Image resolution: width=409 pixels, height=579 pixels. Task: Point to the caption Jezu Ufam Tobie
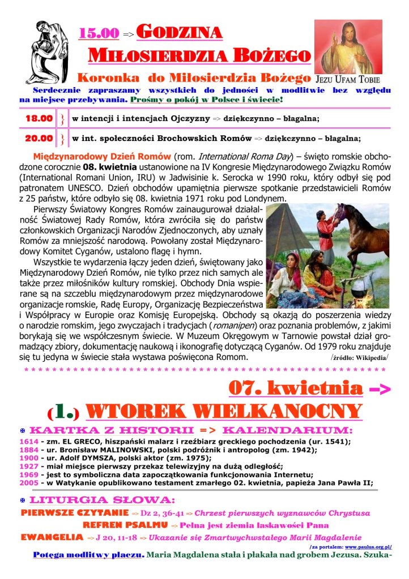(x=346, y=79)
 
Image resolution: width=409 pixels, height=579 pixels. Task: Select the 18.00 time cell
(x=39, y=119)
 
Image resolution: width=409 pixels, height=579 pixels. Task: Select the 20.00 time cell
(x=39, y=138)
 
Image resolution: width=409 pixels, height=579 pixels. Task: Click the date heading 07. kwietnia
(x=295, y=388)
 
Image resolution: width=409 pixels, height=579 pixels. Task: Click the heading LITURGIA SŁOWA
(x=101, y=500)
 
